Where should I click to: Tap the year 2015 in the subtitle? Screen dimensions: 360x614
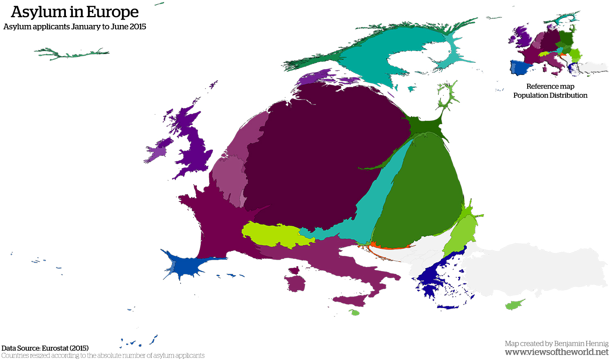pos(138,27)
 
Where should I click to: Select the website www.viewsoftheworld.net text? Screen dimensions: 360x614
pos(557,352)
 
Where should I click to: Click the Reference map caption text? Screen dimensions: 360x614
pos(550,86)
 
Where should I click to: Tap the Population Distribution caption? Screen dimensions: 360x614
pos(550,95)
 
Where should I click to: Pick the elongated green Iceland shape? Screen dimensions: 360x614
pos(72,54)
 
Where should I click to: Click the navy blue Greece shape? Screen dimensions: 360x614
pos(434,278)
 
